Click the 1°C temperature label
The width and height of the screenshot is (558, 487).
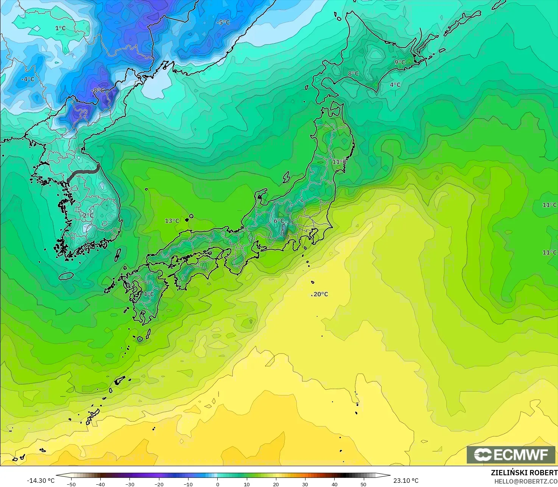tap(60, 28)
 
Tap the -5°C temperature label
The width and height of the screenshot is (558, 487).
tap(223, 22)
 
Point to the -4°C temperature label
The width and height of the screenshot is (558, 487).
tap(28, 79)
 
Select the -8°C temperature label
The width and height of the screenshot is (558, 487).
tap(98, 90)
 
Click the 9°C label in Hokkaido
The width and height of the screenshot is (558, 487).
tap(400, 62)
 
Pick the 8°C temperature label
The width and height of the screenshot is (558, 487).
tap(353, 73)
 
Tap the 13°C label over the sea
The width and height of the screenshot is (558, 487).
tap(172, 221)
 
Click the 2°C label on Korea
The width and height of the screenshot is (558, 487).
tap(88, 215)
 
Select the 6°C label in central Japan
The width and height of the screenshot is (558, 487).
tap(279, 221)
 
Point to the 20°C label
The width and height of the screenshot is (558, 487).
tap(320, 294)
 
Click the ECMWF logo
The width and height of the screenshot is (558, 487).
tap(511, 454)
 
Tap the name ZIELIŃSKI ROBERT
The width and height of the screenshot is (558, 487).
tap(524, 473)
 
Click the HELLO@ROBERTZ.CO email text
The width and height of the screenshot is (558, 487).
tap(526, 481)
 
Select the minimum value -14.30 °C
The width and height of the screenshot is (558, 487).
tap(41, 481)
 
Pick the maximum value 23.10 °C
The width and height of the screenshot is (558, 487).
tap(406, 481)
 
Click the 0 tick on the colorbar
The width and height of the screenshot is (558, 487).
tap(217, 484)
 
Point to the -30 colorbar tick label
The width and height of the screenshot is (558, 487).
tap(129, 484)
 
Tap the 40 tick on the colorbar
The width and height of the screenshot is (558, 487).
tap(334, 484)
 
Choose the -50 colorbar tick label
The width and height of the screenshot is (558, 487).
tap(71, 484)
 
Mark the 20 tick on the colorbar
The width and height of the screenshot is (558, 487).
tap(276, 484)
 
